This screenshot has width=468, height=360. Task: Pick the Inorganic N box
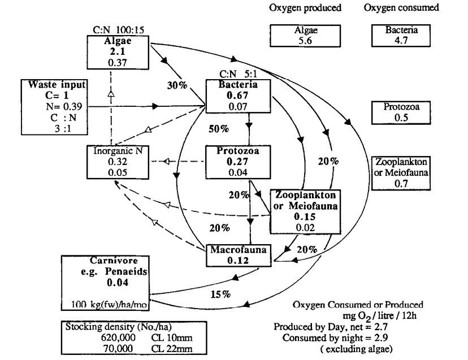coord(113,162)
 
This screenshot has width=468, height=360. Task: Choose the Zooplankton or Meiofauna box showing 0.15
coord(305,210)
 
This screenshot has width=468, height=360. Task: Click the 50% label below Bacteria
coord(218,129)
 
